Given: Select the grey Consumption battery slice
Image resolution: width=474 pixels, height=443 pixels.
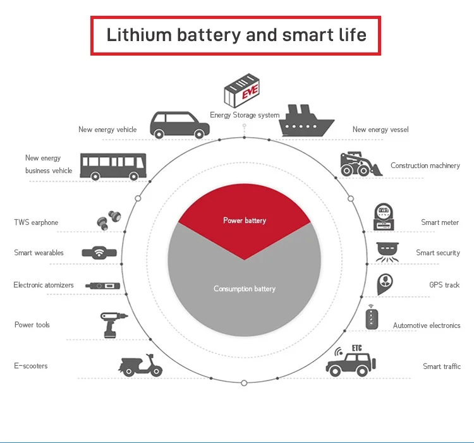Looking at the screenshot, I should click(x=245, y=297).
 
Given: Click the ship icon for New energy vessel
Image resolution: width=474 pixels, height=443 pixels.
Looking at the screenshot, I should click(x=307, y=120).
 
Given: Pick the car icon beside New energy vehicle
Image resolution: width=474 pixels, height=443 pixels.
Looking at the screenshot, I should click(x=179, y=124).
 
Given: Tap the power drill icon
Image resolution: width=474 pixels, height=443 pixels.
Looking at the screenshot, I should click(x=113, y=323).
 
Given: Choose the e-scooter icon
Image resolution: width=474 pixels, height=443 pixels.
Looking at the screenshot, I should click(x=140, y=365).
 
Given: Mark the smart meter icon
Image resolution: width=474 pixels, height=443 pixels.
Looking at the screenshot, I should click(x=382, y=217).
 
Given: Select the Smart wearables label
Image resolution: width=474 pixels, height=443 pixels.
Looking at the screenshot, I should click(x=39, y=253).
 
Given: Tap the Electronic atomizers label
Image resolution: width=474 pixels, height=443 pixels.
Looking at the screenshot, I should click(x=44, y=285).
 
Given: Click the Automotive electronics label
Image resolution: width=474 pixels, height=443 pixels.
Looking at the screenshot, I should click(x=427, y=325).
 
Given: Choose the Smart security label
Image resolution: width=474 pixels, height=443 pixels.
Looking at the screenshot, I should click(x=438, y=253).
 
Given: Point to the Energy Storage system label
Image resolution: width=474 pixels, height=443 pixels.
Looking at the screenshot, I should click(x=245, y=116).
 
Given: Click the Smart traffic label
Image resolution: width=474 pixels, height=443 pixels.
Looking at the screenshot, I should click(x=442, y=367).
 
